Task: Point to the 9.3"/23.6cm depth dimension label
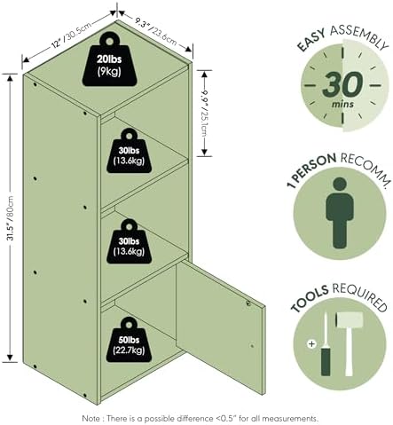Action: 156,32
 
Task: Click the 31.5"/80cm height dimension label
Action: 11,218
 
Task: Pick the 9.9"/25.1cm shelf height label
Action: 204,114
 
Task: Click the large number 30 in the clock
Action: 342,84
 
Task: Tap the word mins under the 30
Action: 342,104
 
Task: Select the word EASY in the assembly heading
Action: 310,40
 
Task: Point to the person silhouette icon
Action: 340,213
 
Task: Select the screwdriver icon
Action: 326,344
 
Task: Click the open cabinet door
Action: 220,327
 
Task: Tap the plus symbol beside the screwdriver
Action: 311,344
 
